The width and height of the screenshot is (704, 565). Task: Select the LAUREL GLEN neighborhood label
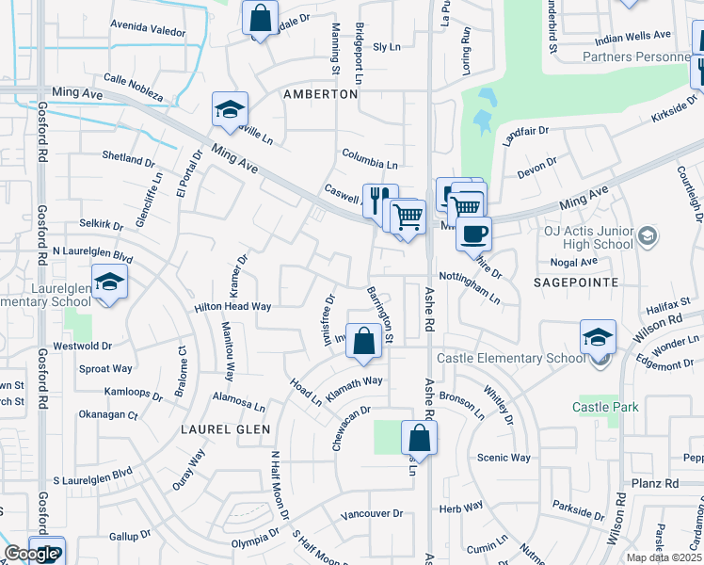point(226,429)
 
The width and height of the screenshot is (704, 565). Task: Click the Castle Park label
point(605,407)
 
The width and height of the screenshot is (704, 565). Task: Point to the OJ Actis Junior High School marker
point(647,234)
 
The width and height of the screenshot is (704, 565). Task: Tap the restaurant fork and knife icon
point(380,200)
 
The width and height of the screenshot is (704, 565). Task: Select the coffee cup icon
point(473,233)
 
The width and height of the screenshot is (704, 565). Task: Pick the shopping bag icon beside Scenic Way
point(419,438)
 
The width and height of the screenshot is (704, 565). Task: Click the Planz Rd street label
point(657,483)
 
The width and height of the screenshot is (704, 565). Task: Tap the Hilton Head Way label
point(232,307)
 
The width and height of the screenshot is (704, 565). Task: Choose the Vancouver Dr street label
point(372,514)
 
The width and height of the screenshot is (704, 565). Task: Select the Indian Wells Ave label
point(634,36)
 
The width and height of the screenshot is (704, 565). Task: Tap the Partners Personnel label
point(636,56)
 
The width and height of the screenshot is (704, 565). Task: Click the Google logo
point(31,555)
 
